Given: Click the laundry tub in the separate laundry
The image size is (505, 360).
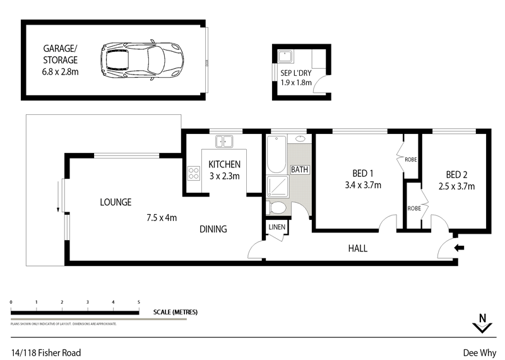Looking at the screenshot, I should (287, 56).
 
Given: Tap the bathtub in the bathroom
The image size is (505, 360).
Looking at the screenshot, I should (276, 154).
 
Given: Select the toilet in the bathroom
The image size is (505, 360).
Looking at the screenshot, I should (277, 208).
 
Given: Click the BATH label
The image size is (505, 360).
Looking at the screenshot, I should (299, 169).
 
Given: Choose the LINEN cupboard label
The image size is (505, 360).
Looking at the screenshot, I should (276, 227).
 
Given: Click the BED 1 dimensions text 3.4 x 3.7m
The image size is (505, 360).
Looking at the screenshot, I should (360, 186).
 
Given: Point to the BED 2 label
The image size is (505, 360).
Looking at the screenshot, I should (456, 174).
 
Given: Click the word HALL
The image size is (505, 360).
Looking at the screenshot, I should (358, 248).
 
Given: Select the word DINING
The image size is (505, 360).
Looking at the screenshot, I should (213, 229).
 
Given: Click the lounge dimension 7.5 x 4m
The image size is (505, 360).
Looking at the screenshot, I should (161, 218).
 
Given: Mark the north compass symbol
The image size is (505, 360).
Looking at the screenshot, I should (482, 323).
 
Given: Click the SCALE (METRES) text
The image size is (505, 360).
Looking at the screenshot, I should (175, 312).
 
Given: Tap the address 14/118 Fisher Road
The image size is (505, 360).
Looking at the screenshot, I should (45, 352).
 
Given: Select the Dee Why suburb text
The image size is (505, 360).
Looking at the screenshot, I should (480, 352).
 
